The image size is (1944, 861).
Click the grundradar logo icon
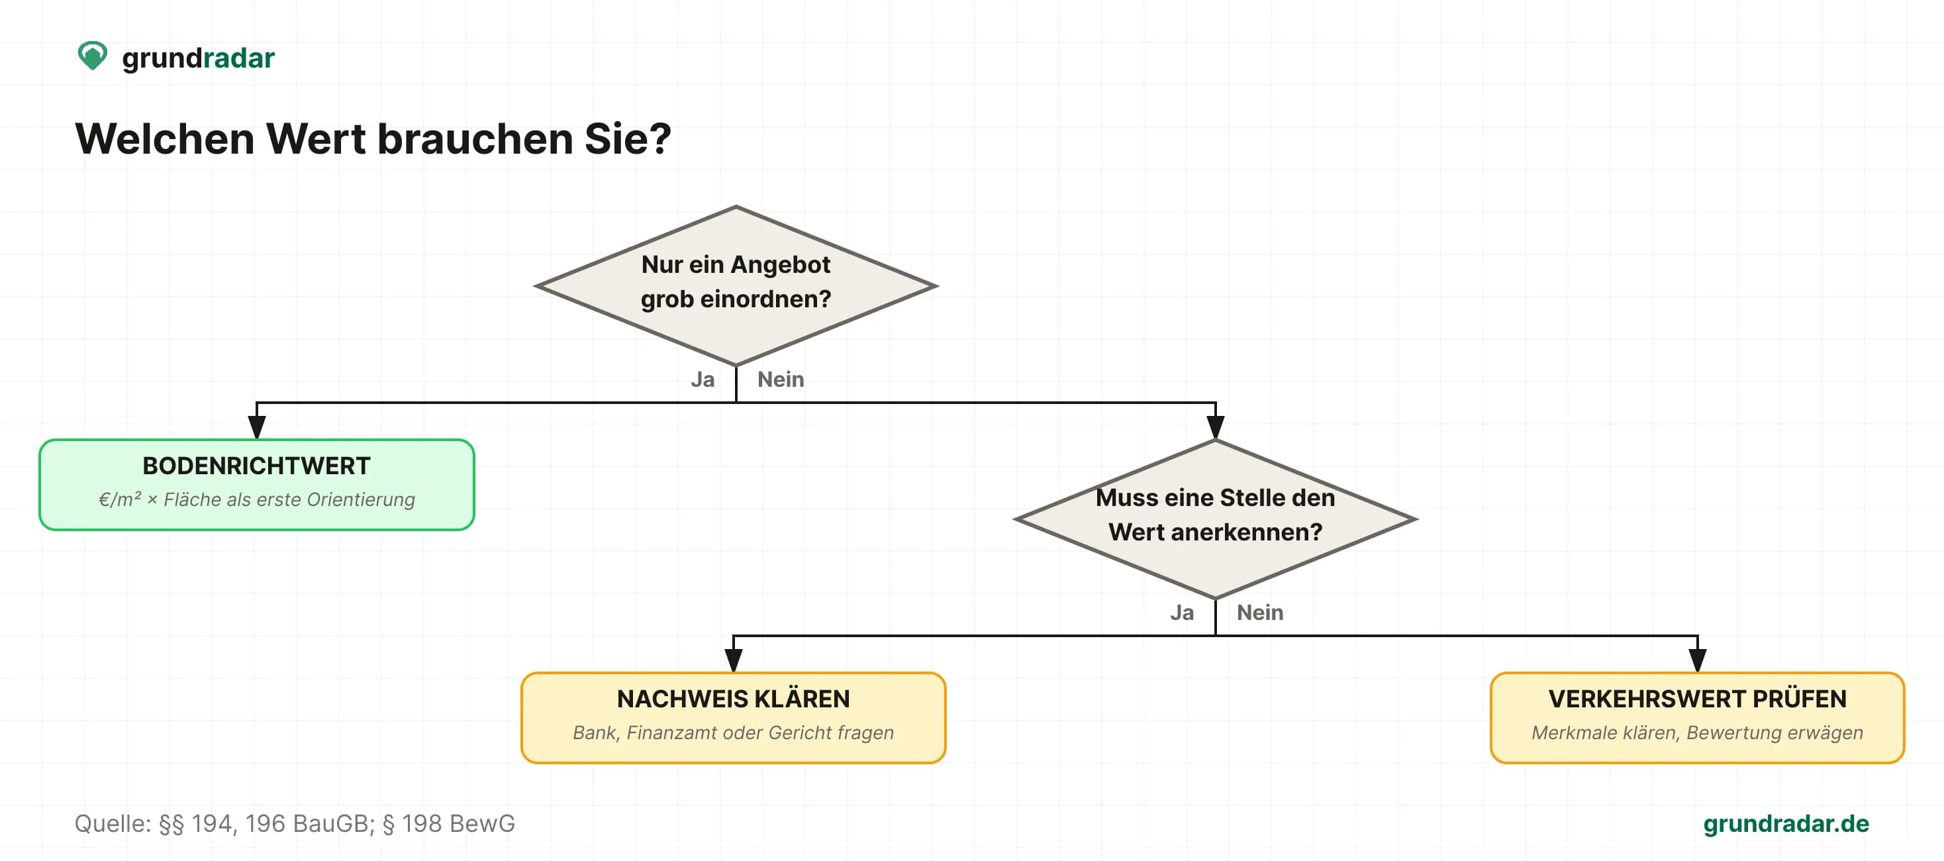point(93,56)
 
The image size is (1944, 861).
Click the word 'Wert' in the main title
point(316,139)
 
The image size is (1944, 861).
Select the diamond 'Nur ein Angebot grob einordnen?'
point(736,286)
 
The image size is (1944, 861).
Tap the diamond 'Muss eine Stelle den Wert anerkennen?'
point(1215,519)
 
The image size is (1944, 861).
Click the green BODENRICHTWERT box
point(257,484)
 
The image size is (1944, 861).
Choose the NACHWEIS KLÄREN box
point(733,718)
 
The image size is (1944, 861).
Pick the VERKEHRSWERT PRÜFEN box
point(1697,718)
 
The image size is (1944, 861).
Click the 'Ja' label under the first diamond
point(703,380)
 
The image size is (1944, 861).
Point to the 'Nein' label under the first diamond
point(781,380)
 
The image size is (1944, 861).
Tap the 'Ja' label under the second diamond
point(1182,613)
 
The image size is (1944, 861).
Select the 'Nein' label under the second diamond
point(1259,613)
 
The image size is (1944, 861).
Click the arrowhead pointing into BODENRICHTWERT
point(257,427)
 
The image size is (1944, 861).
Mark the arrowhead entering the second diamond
point(1215,427)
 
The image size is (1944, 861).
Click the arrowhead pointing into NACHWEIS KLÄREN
point(733,660)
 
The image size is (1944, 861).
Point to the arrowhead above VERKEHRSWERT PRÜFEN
point(1697,660)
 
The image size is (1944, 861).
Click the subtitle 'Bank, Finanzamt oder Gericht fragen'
point(733,733)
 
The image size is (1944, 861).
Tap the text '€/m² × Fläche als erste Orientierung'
point(257,499)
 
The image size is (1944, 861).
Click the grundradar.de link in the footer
point(1786,823)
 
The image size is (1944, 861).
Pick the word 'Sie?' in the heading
point(627,139)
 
